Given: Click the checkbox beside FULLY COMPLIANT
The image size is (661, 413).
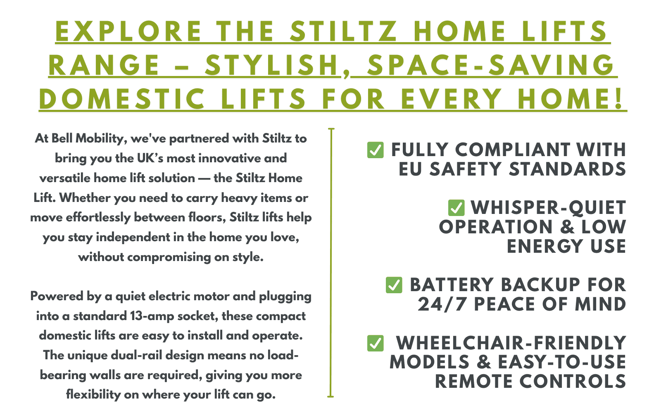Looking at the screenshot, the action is pos(376,150).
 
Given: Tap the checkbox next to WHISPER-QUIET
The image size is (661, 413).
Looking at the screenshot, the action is pos(456,208).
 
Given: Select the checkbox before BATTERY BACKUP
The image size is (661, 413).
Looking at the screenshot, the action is pos(394,285).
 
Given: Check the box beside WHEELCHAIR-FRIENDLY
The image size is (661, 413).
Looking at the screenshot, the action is pos(376,343).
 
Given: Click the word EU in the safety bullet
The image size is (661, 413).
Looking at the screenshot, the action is pos(410,169).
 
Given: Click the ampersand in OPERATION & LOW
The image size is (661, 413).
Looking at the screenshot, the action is pos(567,227).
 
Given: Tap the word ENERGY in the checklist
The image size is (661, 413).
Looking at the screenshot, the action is pos(545,246).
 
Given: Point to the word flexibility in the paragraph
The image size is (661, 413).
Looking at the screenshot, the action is pos(93,395).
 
